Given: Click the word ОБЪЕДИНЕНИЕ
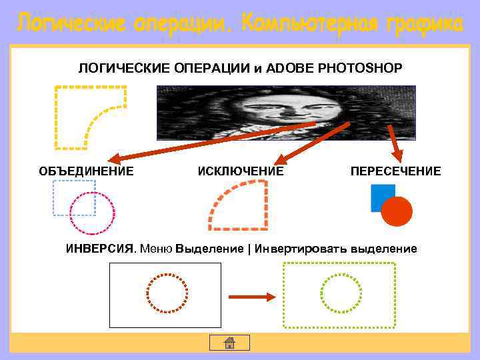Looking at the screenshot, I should point(86,171).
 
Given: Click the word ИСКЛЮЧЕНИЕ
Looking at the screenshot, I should point(241,171).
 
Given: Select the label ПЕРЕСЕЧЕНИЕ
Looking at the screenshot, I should point(395,171).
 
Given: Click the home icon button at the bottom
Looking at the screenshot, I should point(229,343).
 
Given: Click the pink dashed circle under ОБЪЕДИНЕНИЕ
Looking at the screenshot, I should point(93,213).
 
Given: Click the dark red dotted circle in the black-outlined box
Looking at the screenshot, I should point(167,293).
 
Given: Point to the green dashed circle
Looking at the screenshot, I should point(341,293).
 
